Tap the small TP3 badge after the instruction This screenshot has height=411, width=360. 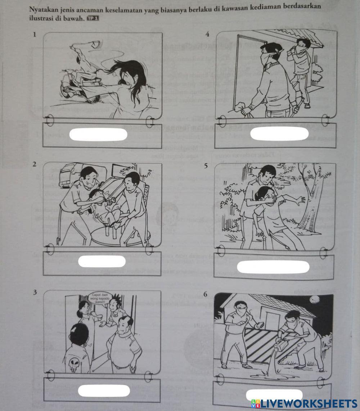[93, 18]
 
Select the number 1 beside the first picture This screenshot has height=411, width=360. [35, 35]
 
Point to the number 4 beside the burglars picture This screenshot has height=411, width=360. [207, 34]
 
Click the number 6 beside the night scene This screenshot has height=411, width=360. [205, 294]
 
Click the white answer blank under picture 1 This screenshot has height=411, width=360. [98, 135]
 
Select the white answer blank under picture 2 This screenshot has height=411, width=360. [102, 261]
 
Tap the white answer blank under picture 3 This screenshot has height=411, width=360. [104, 391]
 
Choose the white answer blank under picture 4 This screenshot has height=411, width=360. [279, 134]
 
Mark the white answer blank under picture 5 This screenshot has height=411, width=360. [273, 267]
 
